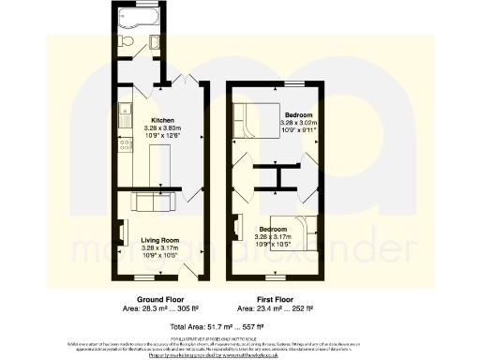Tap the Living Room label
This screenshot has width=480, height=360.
click(160, 240)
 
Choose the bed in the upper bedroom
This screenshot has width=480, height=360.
click(254, 119)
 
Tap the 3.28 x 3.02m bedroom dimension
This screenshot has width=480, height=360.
click(300, 121)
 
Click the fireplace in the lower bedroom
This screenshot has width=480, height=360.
click(235, 225)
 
